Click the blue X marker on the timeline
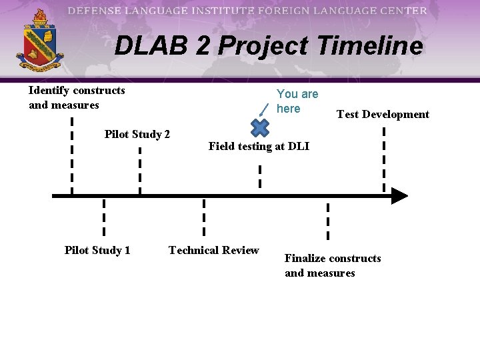(259, 127)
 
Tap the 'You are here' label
(297, 101)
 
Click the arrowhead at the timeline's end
(398, 196)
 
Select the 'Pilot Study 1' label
(97, 251)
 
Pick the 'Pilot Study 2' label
(137, 135)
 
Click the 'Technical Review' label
(213, 251)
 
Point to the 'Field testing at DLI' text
(259, 147)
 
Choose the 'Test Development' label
(383, 115)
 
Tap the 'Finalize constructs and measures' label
(333, 266)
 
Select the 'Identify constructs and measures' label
(77, 97)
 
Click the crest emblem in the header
(39, 41)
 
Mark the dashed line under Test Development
(384, 159)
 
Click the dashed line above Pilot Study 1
(104, 217)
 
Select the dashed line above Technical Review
(204, 217)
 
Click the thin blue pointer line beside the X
(265, 108)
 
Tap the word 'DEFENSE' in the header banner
(95, 11)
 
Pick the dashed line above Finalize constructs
(327, 220)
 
